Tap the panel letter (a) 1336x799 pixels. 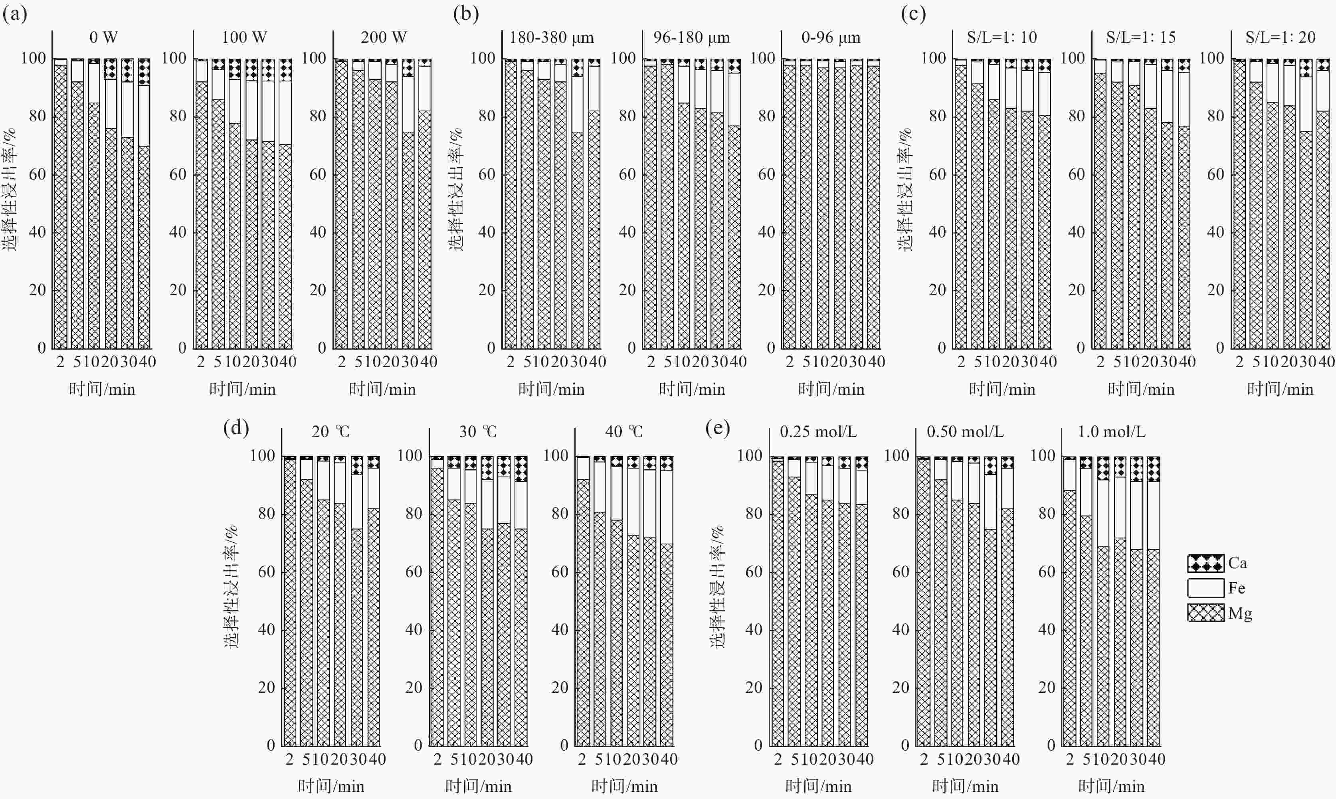click(15, 14)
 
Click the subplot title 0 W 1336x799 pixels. click(103, 37)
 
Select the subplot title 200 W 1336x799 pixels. click(384, 37)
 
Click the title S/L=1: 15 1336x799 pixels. click(1140, 37)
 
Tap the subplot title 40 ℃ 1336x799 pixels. click(623, 432)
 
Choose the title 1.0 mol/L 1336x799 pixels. click(1111, 432)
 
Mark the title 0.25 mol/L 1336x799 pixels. click(818, 432)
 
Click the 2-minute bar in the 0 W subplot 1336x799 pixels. click(61, 205)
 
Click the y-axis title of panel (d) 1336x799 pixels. click(232, 587)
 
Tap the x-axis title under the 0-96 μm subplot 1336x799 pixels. click(831, 389)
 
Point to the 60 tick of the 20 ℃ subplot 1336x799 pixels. click(267, 572)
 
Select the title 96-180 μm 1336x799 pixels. click(691, 37)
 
